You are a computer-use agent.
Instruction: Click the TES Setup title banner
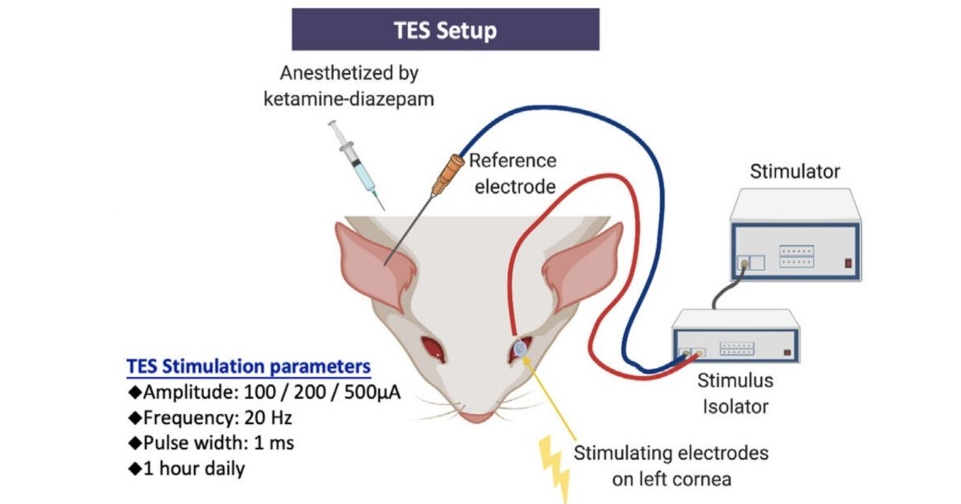coord(445,30)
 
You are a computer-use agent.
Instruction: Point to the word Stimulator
coord(794,171)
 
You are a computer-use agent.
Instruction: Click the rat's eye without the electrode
coord(434,347)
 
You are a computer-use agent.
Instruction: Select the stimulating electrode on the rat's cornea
coord(521,347)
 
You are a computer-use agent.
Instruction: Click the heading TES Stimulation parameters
coord(249,366)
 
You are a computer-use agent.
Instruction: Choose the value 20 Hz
coord(266,418)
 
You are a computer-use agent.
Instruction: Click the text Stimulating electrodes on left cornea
coord(670,464)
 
